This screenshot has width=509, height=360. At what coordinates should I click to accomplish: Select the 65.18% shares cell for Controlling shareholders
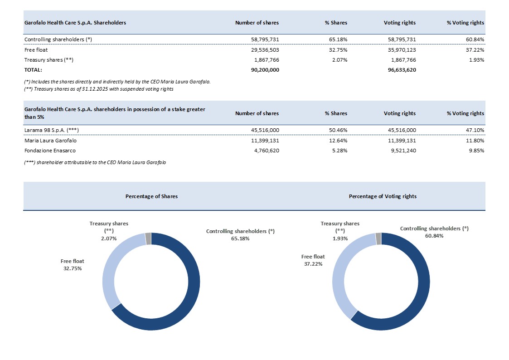coord(338,39)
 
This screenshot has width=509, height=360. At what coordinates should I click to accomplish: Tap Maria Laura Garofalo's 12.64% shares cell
coord(338,141)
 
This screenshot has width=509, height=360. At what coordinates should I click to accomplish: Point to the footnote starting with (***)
coord(95,162)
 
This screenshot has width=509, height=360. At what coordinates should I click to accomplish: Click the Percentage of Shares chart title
coord(151,196)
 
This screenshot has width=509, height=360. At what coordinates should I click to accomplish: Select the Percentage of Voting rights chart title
coord(383,196)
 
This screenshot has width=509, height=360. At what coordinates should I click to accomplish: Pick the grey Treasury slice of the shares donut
coord(148,238)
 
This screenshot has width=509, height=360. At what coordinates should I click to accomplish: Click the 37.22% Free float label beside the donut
coord(313,260)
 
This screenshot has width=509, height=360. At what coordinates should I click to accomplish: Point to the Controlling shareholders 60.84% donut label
coord(434,232)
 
